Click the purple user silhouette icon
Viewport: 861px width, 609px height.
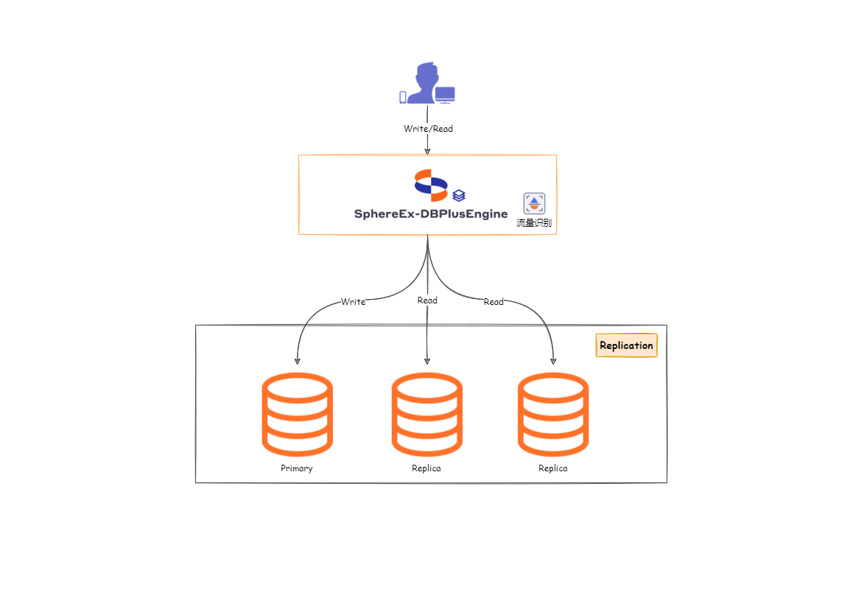click(426, 82)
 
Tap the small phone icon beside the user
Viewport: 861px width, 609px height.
click(403, 97)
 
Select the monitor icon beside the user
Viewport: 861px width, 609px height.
click(445, 95)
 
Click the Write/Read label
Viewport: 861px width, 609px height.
click(428, 129)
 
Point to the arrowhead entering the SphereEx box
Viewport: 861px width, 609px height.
click(427, 151)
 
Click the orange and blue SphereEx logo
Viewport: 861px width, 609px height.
click(431, 185)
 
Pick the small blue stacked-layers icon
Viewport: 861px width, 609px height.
click(459, 196)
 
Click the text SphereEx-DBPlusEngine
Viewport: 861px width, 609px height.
click(431, 214)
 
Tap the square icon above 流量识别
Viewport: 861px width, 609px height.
click(534, 203)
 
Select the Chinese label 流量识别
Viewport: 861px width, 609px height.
click(534, 222)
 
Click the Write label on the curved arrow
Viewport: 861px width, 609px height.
click(353, 302)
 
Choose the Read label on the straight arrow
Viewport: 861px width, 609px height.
click(427, 300)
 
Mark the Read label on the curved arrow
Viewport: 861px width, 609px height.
click(493, 302)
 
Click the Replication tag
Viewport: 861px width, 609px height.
click(626, 345)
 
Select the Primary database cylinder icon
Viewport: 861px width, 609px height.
click(297, 413)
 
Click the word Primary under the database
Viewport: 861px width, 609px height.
click(297, 468)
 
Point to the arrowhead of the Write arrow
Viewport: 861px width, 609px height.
click(297, 360)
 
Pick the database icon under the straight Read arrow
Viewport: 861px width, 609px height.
click(427, 413)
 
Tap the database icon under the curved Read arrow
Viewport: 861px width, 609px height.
click(553, 413)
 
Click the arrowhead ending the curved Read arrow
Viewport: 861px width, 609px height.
click(553, 360)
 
